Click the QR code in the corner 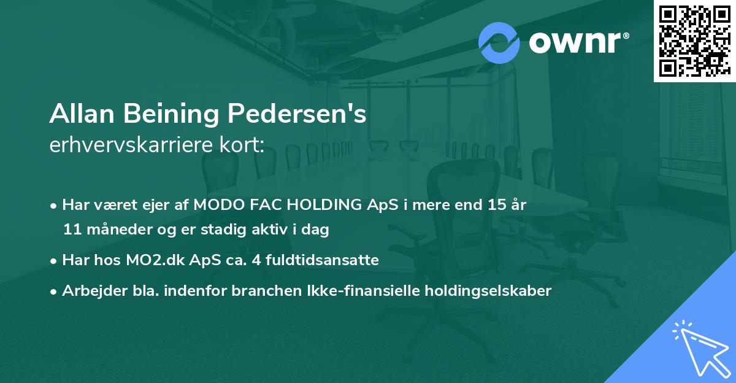(x=694, y=41)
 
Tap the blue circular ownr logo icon (x=499, y=43)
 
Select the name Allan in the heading (x=83, y=115)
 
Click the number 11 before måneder (x=72, y=230)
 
